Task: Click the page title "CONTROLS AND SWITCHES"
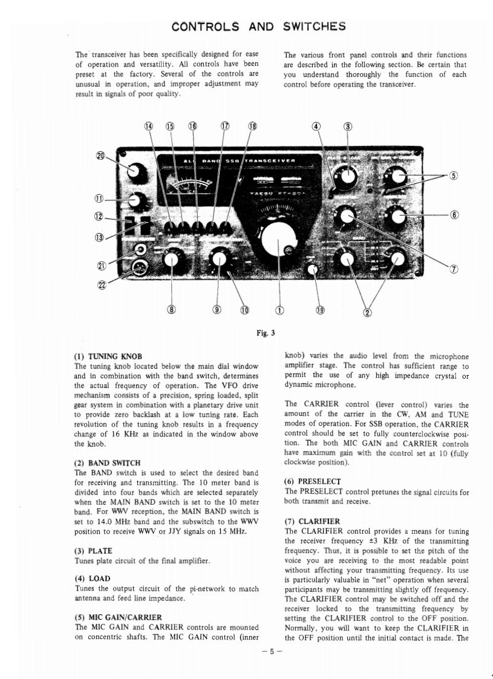pos(258,27)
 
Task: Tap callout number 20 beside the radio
pos(100,156)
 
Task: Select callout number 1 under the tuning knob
pos(279,310)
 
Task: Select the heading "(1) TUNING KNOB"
pos(108,356)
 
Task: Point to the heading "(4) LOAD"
pos(92,578)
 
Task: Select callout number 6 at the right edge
pos(454,215)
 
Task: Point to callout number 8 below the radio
pos(171,310)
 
